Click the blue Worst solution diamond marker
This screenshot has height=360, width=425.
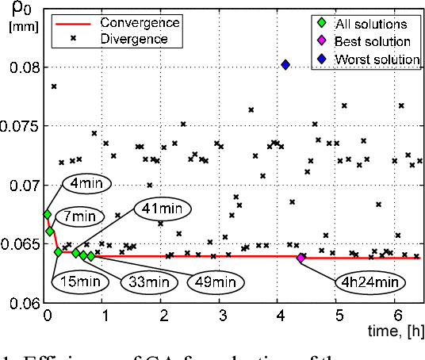pos(285,65)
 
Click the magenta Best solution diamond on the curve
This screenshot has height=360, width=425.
pos(301,257)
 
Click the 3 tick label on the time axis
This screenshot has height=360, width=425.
pos(222,315)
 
